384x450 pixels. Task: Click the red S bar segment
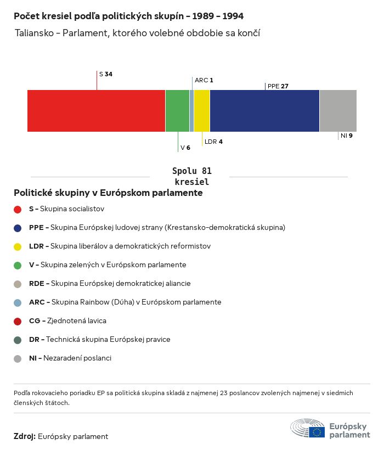pos(96,111)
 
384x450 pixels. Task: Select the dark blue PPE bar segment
pos(264,111)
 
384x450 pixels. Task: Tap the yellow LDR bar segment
pos(202,111)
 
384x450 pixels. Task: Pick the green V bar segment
pos(177,111)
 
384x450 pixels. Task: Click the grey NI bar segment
pos(338,111)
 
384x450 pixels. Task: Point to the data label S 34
pos(106,74)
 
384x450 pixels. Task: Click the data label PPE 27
pos(278,86)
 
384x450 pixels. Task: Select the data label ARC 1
pos(204,80)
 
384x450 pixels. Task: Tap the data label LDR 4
pos(213,142)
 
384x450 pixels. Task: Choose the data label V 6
pos(185,148)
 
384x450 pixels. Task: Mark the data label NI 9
pos(346,136)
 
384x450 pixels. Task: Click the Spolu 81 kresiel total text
pos(191,176)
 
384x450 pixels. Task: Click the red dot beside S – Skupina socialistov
pos(18,209)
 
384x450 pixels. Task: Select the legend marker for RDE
pos(18,284)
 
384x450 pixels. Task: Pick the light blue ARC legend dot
pos(18,302)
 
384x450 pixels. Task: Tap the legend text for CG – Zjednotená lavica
pos(67,320)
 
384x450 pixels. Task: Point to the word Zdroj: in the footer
pos(25,436)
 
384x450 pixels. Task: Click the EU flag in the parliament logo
pos(317,432)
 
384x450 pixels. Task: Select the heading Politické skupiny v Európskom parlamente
pos(108,193)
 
